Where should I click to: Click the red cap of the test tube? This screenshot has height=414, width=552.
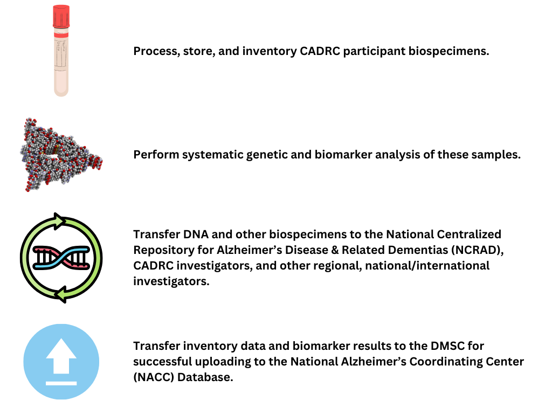(61, 16)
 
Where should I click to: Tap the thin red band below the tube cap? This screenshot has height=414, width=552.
(61, 34)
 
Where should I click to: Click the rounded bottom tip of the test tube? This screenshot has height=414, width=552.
(61, 93)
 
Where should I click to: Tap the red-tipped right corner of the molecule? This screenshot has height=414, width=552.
(98, 161)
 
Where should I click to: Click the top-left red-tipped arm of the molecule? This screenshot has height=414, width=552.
(30, 122)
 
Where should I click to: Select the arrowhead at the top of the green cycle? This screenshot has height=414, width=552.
(59, 221)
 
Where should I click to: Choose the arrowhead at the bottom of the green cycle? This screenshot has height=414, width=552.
(61, 294)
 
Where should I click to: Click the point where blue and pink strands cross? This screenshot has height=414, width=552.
(61, 258)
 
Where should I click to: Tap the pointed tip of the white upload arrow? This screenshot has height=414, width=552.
(61, 340)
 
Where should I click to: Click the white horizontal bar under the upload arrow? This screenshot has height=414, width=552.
(61, 383)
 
